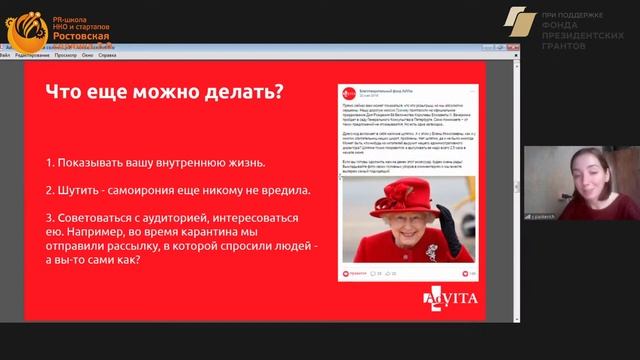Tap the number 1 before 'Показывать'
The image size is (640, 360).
(49, 163)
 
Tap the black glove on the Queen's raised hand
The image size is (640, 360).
(450, 228)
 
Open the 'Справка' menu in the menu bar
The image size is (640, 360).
(117, 56)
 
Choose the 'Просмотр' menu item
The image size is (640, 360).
(65, 56)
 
